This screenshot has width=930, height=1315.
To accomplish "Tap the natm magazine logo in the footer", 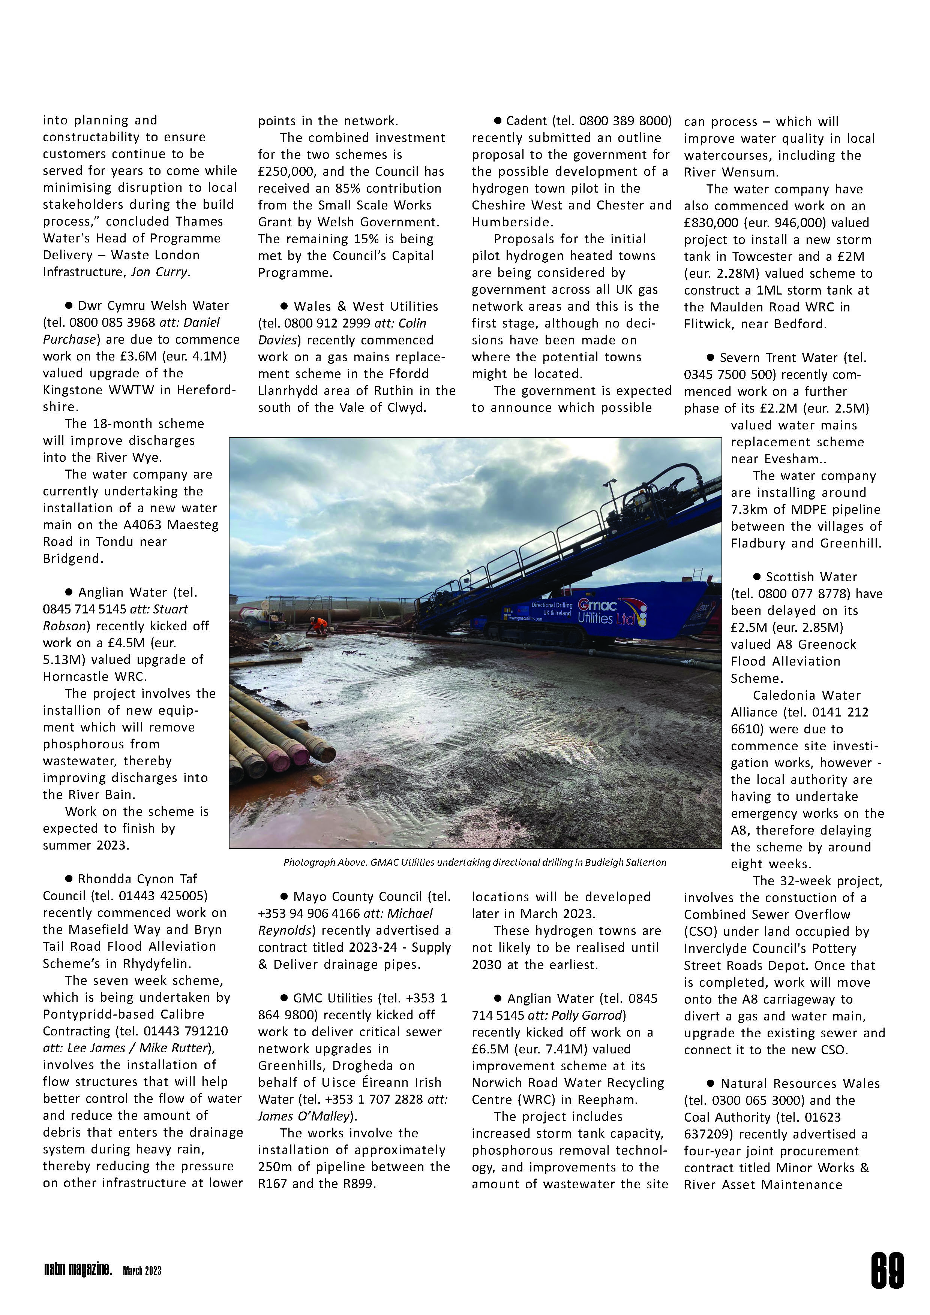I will (77, 1271).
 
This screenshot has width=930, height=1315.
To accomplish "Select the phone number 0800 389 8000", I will (625, 121).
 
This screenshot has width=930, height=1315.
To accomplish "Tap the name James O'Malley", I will (303, 1116).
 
